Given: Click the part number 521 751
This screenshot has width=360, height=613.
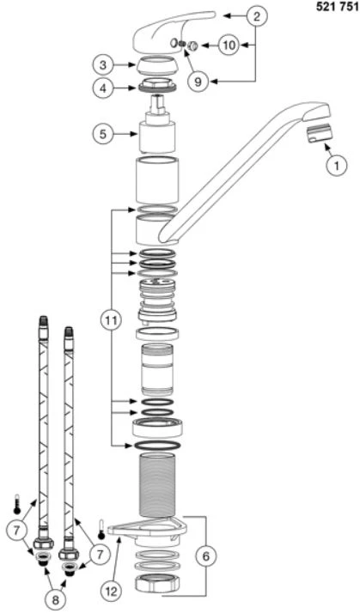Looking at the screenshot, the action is tap(337, 8).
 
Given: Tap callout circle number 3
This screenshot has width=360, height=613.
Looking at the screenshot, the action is tap(103, 65).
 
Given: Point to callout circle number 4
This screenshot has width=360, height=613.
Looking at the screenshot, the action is tap(103, 88).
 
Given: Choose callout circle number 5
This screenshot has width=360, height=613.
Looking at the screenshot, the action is tap(103, 134).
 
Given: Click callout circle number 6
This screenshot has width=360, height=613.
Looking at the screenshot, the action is tap(206, 556).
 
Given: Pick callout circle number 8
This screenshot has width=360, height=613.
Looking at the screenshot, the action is tap(56, 600).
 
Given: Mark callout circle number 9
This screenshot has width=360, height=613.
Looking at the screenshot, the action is tap(198, 82).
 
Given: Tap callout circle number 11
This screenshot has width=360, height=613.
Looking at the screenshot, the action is tap(111, 320).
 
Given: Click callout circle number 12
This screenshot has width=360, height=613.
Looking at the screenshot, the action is tap(112, 592).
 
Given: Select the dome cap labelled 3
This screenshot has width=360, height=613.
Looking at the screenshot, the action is tap(158, 65).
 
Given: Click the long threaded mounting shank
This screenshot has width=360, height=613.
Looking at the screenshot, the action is tap(157, 485).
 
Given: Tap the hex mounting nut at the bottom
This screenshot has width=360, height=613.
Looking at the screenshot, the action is tap(157, 584).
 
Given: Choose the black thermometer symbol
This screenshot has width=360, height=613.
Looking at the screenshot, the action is tap(17, 503).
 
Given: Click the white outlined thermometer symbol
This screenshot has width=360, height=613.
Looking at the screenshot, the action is tap(102, 529).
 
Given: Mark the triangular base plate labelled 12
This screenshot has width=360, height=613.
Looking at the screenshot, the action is tap(148, 530).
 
